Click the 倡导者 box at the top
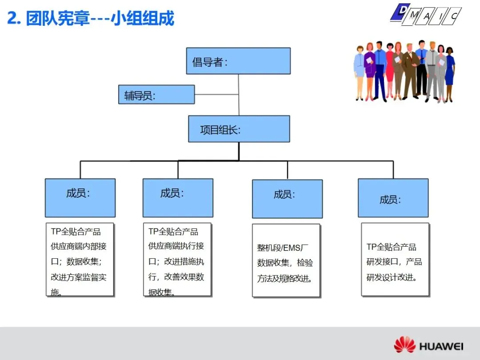pos(238,61)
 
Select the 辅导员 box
pos(156,95)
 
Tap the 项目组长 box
pos(239,129)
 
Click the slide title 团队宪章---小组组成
pos(100,19)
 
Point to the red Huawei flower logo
pos(404,345)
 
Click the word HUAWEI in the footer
pos(441,346)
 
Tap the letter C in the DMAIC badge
pos(454,16)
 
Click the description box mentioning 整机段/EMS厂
pos(286,260)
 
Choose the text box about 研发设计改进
pos(395,260)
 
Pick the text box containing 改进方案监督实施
pos(80,260)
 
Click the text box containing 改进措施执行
pos(177,260)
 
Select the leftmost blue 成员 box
pos(80,198)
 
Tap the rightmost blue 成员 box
pos(393,198)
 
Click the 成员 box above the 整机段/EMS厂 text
pos(287,199)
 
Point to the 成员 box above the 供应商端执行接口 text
pos(178,198)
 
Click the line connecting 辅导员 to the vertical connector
pos(216,94)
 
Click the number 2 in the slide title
pos(13,19)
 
